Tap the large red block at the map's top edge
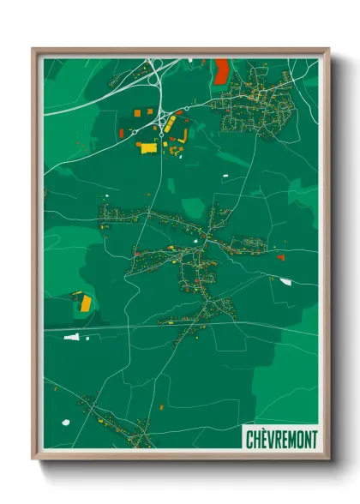click(222, 69)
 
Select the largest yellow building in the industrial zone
click(147, 147)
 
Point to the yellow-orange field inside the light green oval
click(87, 303)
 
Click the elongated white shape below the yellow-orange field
click(72, 336)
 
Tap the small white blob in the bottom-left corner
click(65, 421)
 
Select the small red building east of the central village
click(280, 255)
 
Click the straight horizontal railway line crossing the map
click(171, 326)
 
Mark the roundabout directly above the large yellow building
click(160, 133)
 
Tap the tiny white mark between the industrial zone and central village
click(226, 177)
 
